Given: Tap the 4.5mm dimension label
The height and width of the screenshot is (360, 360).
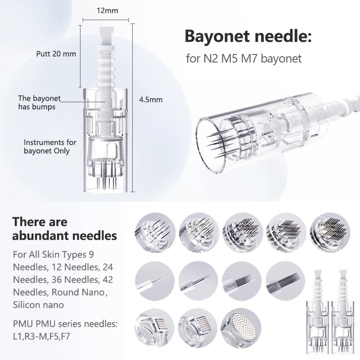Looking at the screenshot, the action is point(151,100).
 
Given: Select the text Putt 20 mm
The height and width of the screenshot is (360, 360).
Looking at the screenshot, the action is point(56,54).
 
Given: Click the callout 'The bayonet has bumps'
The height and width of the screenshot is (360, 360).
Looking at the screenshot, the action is point(39,102).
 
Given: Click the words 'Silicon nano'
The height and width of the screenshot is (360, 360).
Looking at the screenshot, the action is point(38,305).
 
